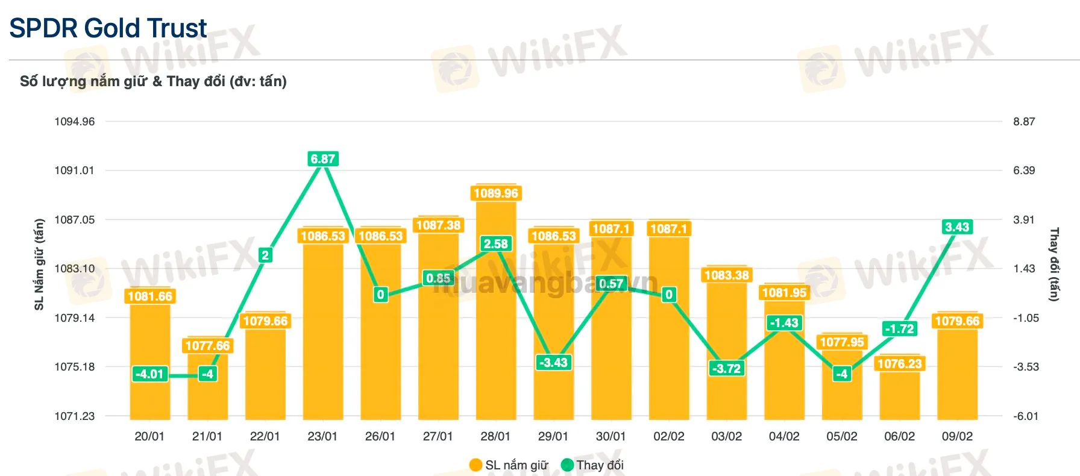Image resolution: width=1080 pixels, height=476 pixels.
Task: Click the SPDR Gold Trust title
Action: (x=108, y=28)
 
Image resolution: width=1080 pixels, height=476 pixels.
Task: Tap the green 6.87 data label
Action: (x=322, y=159)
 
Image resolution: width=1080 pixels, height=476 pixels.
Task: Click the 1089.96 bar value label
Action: (x=495, y=193)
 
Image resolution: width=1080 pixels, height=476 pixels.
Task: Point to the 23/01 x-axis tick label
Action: (x=322, y=436)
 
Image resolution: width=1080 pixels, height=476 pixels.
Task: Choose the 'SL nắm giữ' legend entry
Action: (x=509, y=465)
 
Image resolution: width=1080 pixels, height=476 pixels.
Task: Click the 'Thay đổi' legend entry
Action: (x=592, y=465)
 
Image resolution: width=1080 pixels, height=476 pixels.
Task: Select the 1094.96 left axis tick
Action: (x=75, y=122)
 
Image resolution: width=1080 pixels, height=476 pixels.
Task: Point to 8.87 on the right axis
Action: (x=1024, y=122)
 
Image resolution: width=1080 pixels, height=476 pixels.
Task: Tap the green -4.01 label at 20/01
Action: (x=149, y=374)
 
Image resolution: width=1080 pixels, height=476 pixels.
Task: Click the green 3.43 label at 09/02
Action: (x=957, y=227)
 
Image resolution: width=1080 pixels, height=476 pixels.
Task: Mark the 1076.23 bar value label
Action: (x=899, y=364)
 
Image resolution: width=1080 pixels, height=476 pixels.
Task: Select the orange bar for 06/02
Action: (x=899, y=398)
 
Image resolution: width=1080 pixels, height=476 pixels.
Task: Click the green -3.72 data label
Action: (x=727, y=369)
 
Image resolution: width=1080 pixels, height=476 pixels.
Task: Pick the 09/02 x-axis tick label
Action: (x=957, y=436)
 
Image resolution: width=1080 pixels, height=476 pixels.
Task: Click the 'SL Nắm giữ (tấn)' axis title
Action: (x=39, y=265)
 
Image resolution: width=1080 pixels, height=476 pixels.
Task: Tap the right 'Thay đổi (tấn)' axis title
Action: (x=1054, y=265)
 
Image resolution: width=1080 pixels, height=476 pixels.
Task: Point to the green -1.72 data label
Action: (x=899, y=329)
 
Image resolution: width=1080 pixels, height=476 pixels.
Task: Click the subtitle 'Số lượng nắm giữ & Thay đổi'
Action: (x=153, y=81)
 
